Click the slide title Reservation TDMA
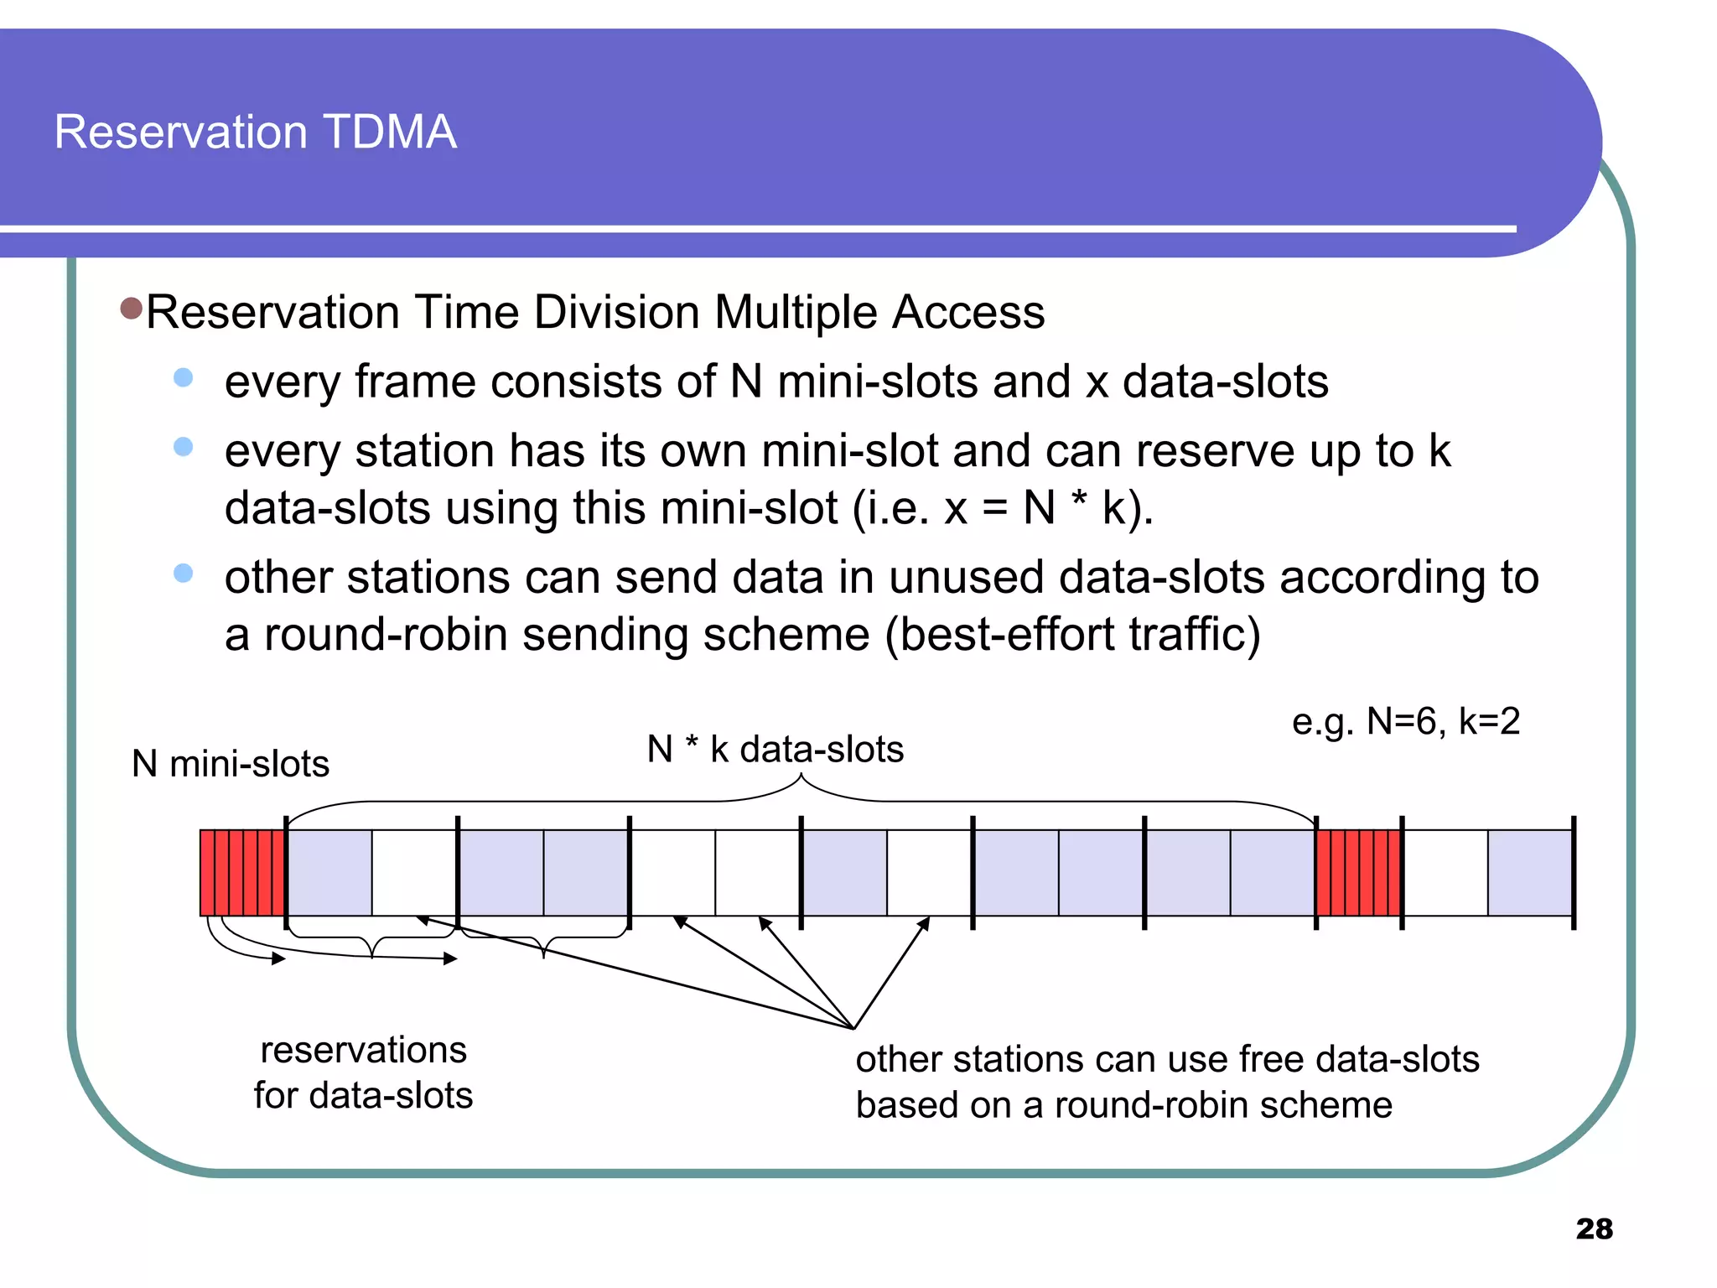click(x=255, y=132)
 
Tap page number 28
click(x=1593, y=1228)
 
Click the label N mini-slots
click(x=231, y=764)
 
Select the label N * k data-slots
click(x=775, y=749)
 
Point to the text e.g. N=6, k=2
click(x=1405, y=721)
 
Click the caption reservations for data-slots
click(x=363, y=1072)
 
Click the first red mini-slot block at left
click(x=242, y=873)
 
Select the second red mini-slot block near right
click(x=1358, y=873)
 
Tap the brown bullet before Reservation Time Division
click(x=132, y=309)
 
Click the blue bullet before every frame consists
click(x=183, y=378)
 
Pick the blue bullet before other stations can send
click(x=183, y=574)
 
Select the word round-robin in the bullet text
click(x=386, y=635)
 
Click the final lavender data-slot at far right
click(x=1530, y=873)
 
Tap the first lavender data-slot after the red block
click(x=329, y=873)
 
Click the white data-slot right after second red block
click(x=1445, y=873)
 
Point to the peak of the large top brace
click(x=801, y=776)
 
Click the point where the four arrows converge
click(x=853, y=1028)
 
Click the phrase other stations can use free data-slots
click(x=1167, y=1059)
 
